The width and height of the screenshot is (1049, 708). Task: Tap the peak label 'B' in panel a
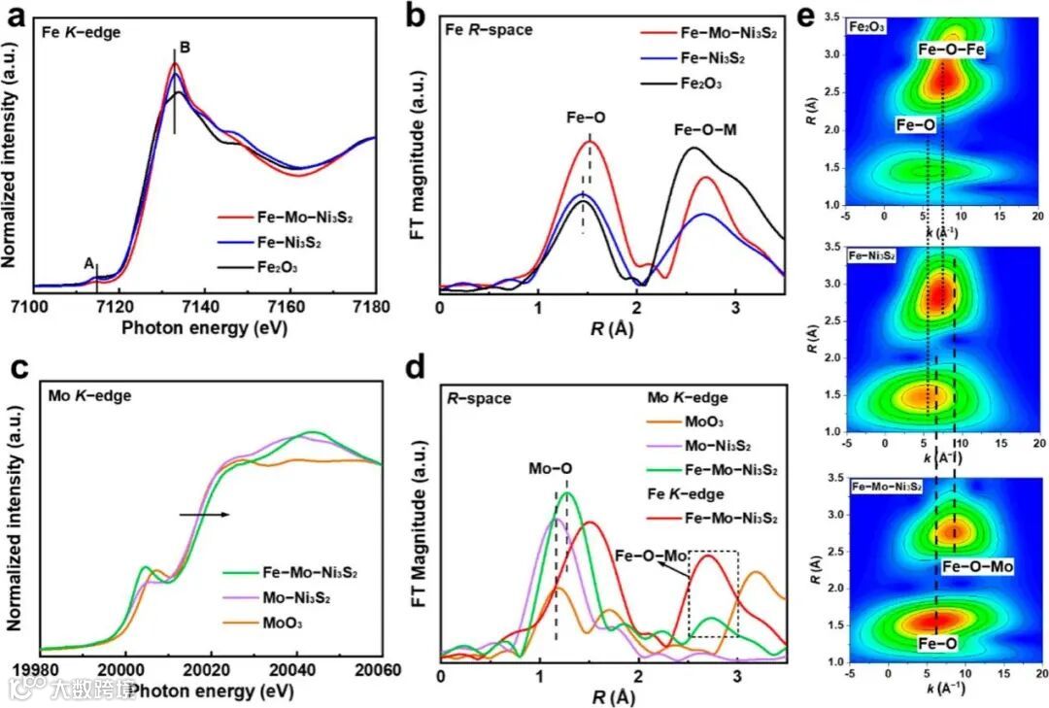185,47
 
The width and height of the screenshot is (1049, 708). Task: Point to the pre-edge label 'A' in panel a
88,262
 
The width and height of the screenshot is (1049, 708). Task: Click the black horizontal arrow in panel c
204,515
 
